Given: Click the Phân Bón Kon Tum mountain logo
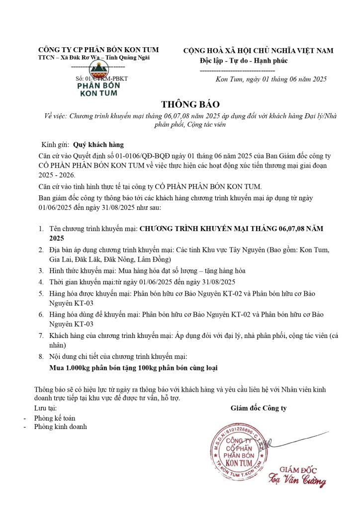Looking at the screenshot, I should coord(102,80).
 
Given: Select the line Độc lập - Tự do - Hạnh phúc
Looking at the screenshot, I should coord(244,61).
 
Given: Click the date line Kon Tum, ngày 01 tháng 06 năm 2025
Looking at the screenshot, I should coord(271,80).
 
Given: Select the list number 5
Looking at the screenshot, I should coord(41,293).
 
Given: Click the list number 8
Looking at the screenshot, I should coord(41,356).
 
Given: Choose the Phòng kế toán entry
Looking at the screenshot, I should coord(55,418).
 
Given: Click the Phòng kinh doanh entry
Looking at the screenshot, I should coord(60,426).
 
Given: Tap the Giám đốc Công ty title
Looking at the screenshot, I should coord(259,408).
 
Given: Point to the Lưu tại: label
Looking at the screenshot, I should coord(46,408).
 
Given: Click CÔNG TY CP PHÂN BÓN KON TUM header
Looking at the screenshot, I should coord(98,50).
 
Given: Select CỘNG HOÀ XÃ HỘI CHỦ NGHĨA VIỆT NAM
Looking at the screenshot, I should coord(259,51).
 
